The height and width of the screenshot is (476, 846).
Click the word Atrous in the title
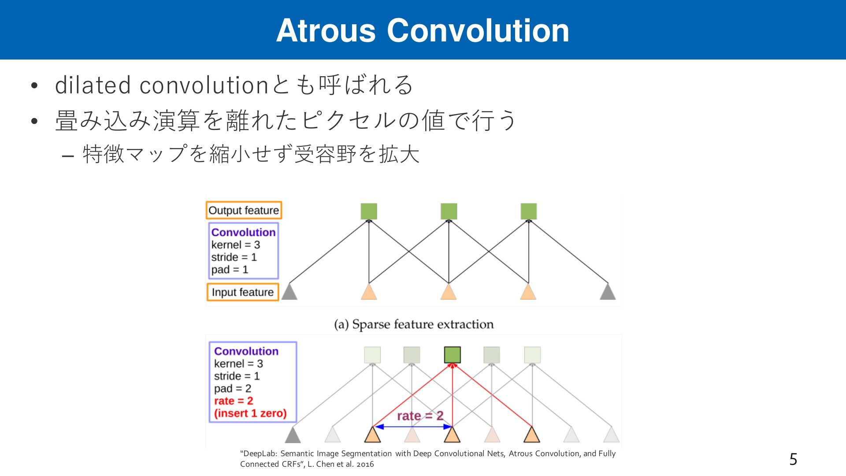(326, 30)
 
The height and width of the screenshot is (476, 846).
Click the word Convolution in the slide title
(478, 30)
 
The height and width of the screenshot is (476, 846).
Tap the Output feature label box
(244, 210)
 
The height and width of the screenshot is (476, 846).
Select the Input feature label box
(243, 292)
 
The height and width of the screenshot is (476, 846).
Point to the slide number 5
(793, 459)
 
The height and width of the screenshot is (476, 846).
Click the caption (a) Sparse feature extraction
(414, 324)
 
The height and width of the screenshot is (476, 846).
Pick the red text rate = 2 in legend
(234, 401)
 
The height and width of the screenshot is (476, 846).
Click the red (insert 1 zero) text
(250, 413)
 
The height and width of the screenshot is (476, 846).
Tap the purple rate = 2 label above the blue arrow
(420, 416)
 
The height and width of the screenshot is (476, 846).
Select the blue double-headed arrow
(413, 427)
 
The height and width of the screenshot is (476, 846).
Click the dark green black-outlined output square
(453, 355)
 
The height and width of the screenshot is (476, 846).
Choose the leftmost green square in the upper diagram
(369, 211)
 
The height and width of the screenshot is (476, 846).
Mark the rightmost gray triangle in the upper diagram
(608, 291)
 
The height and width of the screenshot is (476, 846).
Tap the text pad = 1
(230, 269)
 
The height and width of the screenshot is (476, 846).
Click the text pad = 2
(233, 388)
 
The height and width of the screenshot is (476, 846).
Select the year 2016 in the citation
(365, 464)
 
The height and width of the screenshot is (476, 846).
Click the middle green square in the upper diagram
(449, 211)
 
